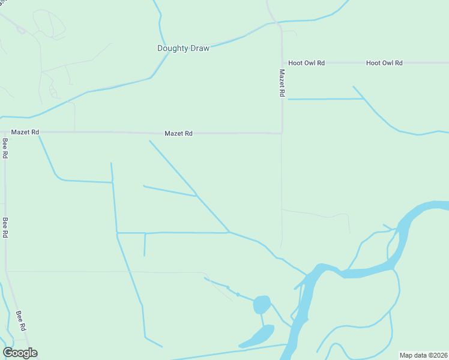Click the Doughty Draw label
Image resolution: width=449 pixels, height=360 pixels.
pos(183,48)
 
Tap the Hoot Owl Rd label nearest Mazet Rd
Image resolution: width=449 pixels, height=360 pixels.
pos(306,62)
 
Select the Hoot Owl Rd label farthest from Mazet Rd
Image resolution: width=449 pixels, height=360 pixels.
pos(384,62)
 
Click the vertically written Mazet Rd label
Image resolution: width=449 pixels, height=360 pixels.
pos(282,83)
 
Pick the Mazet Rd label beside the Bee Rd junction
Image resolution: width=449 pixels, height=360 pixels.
pos(25,132)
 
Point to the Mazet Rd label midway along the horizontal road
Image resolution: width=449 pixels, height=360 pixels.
pos(179,133)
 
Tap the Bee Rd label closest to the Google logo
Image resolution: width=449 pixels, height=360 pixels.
pos(21,321)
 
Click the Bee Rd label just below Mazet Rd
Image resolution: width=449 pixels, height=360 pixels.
pos(5,148)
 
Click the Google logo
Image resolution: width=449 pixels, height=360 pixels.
pos(20,353)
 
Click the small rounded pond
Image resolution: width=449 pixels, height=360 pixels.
pos(261,304)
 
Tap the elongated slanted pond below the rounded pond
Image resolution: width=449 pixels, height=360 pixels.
pos(258,336)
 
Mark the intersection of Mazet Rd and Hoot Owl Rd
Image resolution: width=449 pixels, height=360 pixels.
pos(282,62)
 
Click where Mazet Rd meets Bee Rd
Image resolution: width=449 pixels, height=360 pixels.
pos(5,132)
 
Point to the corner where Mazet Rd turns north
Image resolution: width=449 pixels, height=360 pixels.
pos(282,133)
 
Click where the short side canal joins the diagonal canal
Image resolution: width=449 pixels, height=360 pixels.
pos(197,195)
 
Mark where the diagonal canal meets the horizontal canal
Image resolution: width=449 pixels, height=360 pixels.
pos(229,232)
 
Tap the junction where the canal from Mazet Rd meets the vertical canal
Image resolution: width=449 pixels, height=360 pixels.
pos(112,182)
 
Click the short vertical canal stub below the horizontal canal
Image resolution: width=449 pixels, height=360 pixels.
pos(145,244)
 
